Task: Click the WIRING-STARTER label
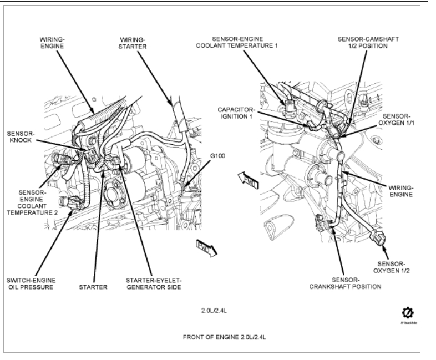click(x=134, y=44)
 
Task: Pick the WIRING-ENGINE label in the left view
click(x=53, y=44)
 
